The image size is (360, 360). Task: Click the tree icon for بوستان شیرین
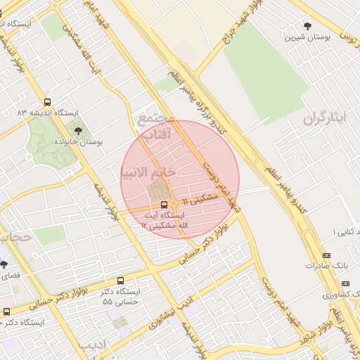coord(307,27)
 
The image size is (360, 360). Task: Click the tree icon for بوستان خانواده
coord(77,130)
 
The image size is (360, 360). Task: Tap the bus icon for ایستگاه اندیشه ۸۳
coord(47,102)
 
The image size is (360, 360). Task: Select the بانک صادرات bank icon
coord(326,255)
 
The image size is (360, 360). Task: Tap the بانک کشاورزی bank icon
coord(326,283)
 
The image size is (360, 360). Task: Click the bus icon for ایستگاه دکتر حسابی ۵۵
coord(121,281)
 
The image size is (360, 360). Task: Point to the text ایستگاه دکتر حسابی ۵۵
coord(122,296)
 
